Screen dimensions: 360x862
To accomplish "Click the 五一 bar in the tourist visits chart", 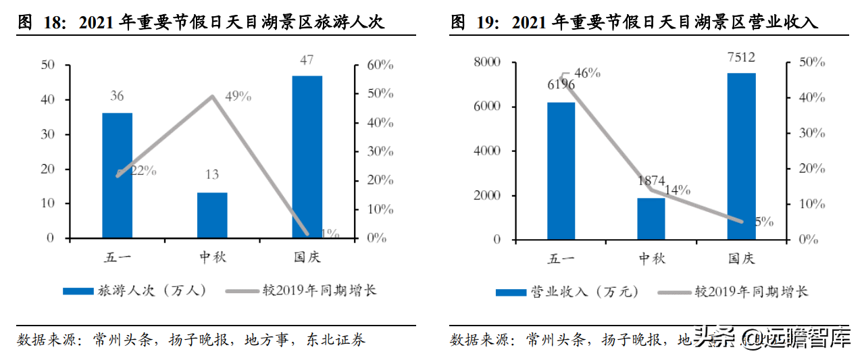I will click(117, 176).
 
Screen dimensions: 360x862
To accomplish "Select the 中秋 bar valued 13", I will click(212, 215).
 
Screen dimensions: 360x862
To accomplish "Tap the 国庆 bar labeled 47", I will click(307, 157).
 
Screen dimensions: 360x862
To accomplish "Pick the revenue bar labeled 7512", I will click(741, 156).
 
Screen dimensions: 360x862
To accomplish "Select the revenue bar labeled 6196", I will click(561, 171).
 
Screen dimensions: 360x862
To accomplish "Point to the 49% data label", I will click(238, 97).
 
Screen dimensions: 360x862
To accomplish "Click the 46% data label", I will click(587, 73).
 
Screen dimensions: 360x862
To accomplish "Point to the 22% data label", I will click(143, 171).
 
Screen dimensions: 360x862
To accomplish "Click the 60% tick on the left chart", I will click(380, 65).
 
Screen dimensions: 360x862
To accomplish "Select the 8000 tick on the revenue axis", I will click(487, 62).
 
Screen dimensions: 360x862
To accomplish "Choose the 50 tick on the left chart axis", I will click(47, 65).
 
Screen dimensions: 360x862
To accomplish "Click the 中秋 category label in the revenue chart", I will click(652, 259).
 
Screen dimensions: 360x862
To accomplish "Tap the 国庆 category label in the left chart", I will click(307, 257).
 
